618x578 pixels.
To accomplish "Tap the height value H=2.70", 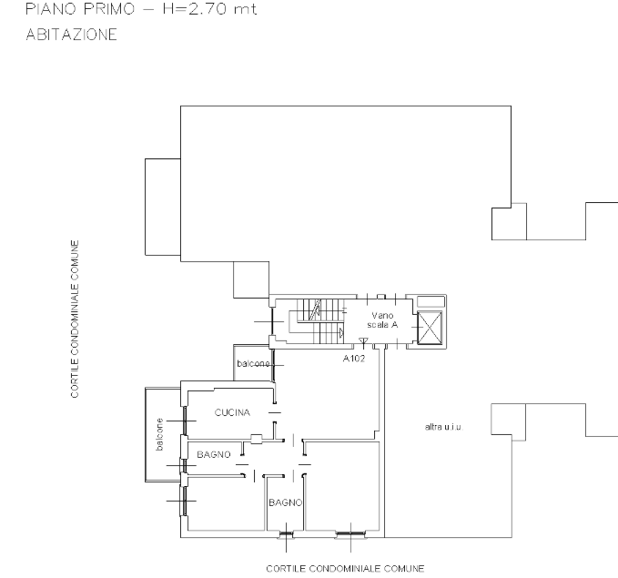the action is click(x=194, y=9).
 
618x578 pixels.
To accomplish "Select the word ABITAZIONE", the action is click(x=71, y=35).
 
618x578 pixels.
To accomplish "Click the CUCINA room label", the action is click(x=232, y=412).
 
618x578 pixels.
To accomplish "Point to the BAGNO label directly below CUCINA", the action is click(x=214, y=454).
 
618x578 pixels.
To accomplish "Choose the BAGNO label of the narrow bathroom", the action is click(x=286, y=502).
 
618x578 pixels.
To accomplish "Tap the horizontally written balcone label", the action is click(x=253, y=363).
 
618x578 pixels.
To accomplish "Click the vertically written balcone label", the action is click(x=159, y=434).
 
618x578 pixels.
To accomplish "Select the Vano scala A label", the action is click(x=382, y=319).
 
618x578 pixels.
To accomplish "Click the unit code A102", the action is click(x=354, y=359).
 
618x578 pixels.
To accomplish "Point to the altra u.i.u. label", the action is click(x=443, y=427).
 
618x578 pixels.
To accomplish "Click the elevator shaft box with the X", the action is click(x=430, y=328).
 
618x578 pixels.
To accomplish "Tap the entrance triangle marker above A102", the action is click(x=363, y=340).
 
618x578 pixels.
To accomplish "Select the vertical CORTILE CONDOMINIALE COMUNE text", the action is click(x=75, y=319).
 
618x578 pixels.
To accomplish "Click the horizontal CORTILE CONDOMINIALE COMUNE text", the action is click(x=345, y=569).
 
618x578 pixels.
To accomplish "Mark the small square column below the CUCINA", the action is click(x=256, y=439).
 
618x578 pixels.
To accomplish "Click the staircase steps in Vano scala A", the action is click(x=320, y=321).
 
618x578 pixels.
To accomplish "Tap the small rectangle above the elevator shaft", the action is click(x=431, y=301).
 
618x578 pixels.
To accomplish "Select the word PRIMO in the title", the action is click(x=109, y=9).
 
